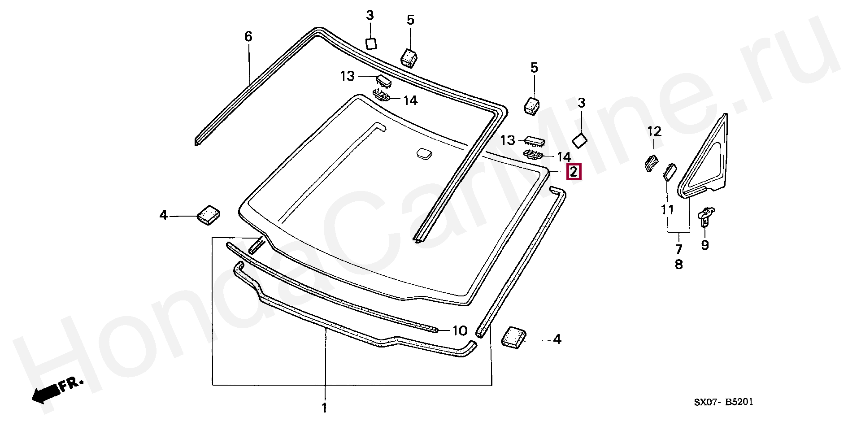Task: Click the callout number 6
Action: [248, 36]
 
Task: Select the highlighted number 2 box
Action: [574, 172]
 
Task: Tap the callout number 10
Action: [460, 331]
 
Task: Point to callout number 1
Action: [324, 408]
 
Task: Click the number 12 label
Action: [654, 131]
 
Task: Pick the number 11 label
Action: [667, 209]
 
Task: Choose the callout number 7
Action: [679, 249]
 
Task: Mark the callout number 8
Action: [679, 265]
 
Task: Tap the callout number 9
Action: [705, 245]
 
